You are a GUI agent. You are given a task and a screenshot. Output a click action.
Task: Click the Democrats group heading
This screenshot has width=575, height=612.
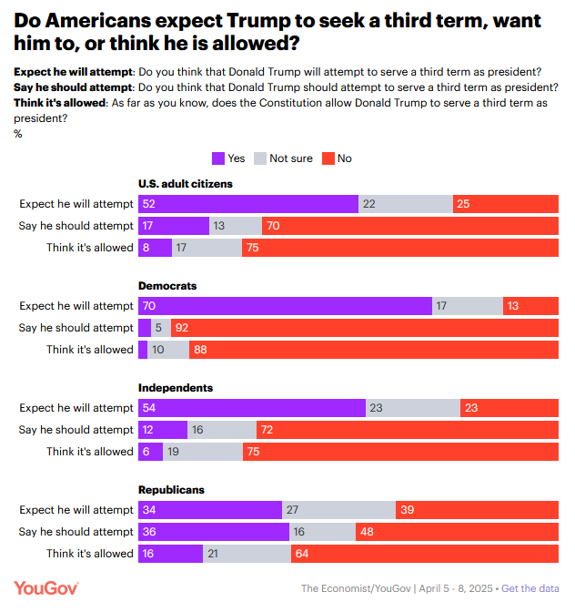pyautogui.click(x=167, y=286)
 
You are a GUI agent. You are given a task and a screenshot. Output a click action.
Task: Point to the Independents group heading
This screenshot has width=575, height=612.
pyautogui.click(x=176, y=388)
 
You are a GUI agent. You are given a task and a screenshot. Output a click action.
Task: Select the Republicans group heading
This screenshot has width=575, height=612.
pyautogui.click(x=171, y=490)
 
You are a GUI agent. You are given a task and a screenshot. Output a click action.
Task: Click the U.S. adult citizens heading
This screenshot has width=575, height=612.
pyautogui.click(x=186, y=184)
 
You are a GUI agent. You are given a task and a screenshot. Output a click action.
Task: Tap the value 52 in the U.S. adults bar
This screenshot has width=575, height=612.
pyautogui.click(x=149, y=204)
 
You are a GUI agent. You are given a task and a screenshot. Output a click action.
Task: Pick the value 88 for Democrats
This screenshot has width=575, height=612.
pyautogui.click(x=201, y=350)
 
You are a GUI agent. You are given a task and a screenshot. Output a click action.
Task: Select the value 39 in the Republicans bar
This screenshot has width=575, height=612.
pyautogui.click(x=409, y=510)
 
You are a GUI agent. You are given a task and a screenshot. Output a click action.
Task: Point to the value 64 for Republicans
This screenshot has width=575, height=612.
pyautogui.click(x=303, y=554)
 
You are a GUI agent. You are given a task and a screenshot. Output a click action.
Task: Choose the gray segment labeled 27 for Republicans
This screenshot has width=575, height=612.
pyautogui.click(x=338, y=510)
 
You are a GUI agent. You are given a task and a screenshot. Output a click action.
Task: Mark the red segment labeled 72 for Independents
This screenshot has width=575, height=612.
pyautogui.click(x=409, y=430)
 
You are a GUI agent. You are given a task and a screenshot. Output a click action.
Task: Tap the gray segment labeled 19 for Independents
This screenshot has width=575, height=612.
pyautogui.click(x=203, y=452)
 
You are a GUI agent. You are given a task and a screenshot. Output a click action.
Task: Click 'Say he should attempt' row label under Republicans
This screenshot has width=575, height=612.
pyautogui.click(x=76, y=532)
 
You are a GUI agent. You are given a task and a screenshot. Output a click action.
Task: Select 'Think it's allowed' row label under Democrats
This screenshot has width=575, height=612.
pyautogui.click(x=90, y=350)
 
